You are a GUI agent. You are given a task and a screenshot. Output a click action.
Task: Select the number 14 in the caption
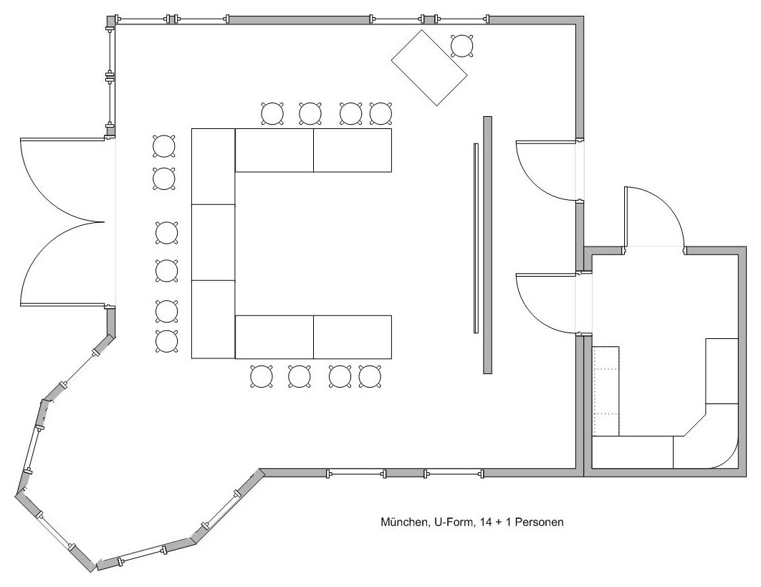click(x=485, y=522)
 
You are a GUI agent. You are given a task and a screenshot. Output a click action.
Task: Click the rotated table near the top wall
click(x=429, y=67)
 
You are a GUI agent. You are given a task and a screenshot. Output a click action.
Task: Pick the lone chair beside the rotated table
click(x=462, y=46)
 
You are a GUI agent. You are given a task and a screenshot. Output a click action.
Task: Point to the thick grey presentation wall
click(x=488, y=244)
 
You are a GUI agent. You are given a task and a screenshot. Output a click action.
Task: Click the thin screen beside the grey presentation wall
click(x=476, y=238)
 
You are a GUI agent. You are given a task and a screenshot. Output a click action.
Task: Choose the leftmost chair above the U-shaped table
click(x=272, y=114)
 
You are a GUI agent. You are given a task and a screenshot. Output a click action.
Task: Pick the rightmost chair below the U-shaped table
click(x=370, y=376)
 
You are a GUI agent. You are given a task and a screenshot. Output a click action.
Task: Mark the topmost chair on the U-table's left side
click(x=164, y=146)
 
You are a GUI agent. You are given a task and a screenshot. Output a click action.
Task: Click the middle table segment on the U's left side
click(x=213, y=242)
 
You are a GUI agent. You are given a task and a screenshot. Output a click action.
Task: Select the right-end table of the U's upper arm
click(x=353, y=150)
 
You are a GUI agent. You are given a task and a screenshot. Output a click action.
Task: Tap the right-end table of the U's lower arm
click(x=353, y=337)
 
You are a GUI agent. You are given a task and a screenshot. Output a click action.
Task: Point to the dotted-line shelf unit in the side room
click(x=606, y=391)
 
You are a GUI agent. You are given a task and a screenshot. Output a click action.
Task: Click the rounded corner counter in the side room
click(x=706, y=449)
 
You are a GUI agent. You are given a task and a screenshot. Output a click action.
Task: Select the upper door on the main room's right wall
click(x=546, y=170)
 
